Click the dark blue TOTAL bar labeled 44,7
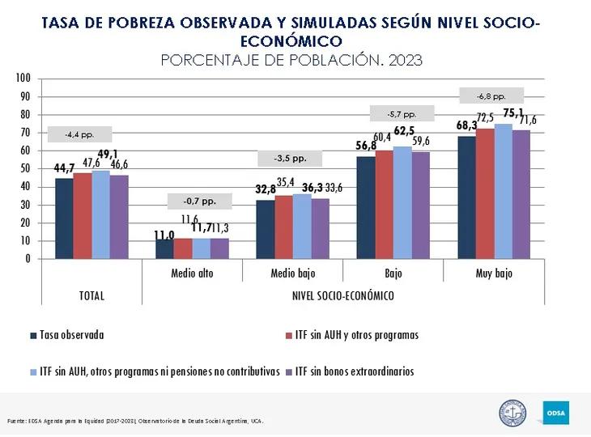click(x=64, y=218)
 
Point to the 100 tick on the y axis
click(x=23, y=78)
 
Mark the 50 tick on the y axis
click(x=25, y=168)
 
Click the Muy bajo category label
click(x=494, y=274)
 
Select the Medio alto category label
click(x=193, y=274)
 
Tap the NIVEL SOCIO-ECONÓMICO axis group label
click(x=342, y=295)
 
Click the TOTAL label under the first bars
click(x=91, y=295)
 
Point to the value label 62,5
click(x=404, y=130)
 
